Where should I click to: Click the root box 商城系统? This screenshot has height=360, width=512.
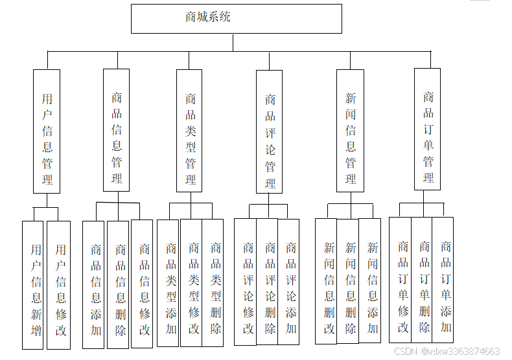[236, 19]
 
